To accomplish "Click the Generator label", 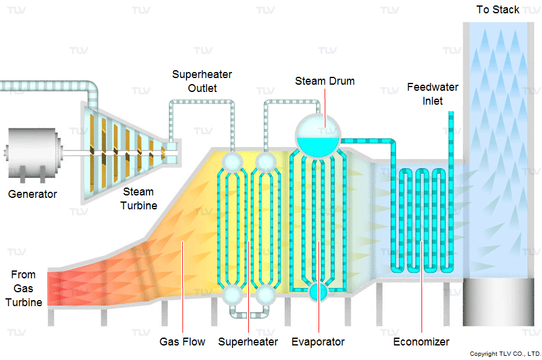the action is coord(33,194).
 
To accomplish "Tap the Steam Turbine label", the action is coord(139,198).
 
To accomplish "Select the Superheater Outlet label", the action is coord(202,81).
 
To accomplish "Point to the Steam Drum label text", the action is coord(325,81).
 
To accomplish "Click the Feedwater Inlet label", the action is coord(432,94).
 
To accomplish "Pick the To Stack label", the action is coord(498,10).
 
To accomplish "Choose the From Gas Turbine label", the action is coord(24,289).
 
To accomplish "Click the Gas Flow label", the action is coord(182,342).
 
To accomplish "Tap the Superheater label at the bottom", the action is coord(248,342).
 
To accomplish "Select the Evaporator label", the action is coord(318,342).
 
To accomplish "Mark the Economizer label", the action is coord(421,342).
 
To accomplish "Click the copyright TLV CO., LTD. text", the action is coord(505,354).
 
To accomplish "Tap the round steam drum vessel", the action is coord(318,136).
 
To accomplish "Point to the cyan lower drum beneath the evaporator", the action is coord(318,292).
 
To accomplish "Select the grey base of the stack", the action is coord(498,302).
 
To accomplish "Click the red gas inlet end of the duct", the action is coord(55,289).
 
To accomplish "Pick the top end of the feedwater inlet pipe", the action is coord(451,113).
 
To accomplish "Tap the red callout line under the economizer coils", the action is coord(421,287).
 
